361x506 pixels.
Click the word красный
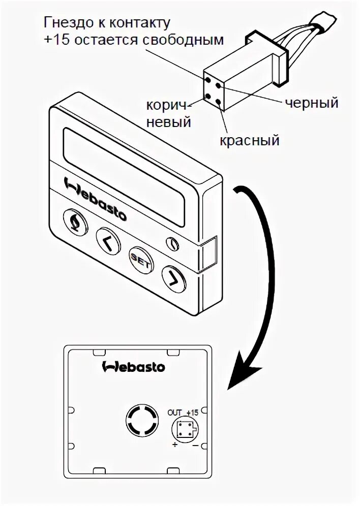(250, 140)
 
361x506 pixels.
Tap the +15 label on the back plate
(192, 413)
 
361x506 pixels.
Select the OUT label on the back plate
(175, 413)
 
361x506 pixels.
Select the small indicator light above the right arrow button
(173, 243)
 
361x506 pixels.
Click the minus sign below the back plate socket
(196, 446)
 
